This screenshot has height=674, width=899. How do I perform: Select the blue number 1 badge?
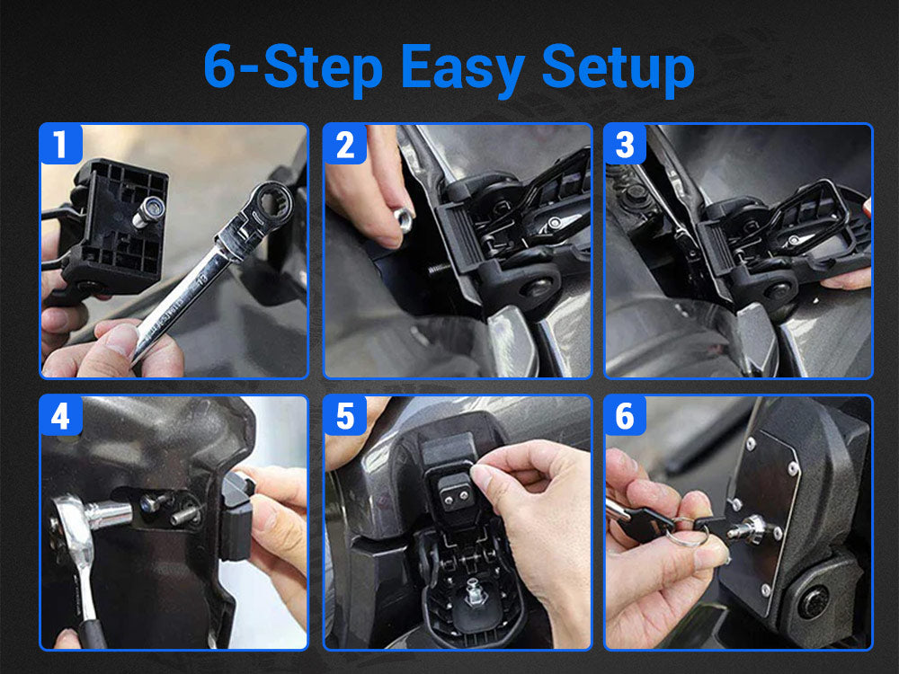coord(61,145)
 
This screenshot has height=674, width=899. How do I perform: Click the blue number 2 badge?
coord(345,145)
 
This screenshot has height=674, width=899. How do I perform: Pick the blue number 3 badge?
coord(626,145)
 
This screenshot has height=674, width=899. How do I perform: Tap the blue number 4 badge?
coord(61,416)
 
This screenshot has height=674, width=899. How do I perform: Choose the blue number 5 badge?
coord(345,416)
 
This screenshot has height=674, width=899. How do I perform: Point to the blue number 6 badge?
coord(626,416)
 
